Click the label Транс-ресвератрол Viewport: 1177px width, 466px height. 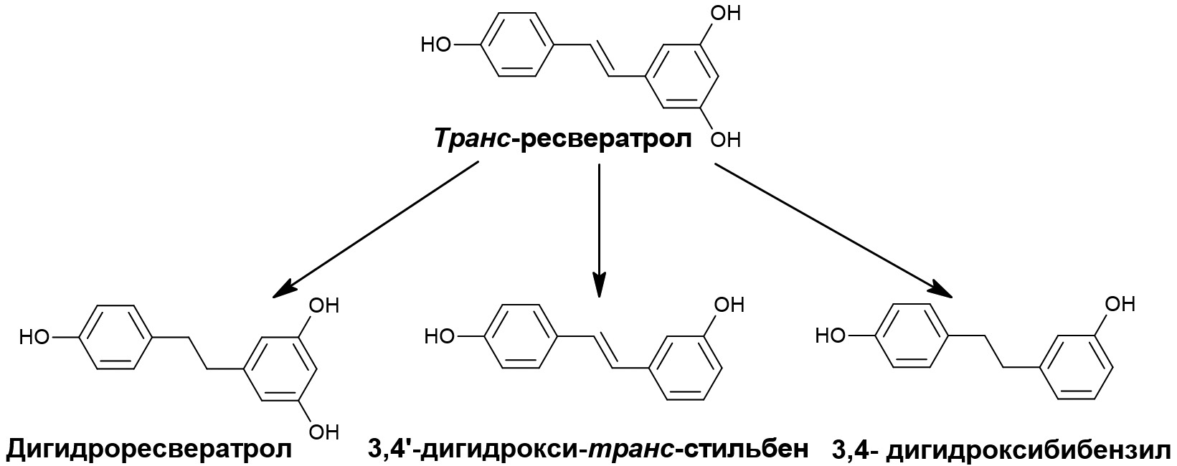563,139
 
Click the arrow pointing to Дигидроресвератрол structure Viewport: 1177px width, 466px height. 376,230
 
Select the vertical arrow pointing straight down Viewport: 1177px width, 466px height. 600,231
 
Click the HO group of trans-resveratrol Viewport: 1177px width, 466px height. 436,45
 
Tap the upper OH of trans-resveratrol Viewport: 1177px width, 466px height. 724,13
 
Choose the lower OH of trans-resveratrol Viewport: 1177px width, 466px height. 724,140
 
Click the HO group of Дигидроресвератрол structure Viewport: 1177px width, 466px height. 34,337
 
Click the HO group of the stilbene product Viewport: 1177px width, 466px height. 440,336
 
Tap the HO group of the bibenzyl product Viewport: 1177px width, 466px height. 831,335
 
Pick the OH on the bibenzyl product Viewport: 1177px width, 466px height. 1120,304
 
